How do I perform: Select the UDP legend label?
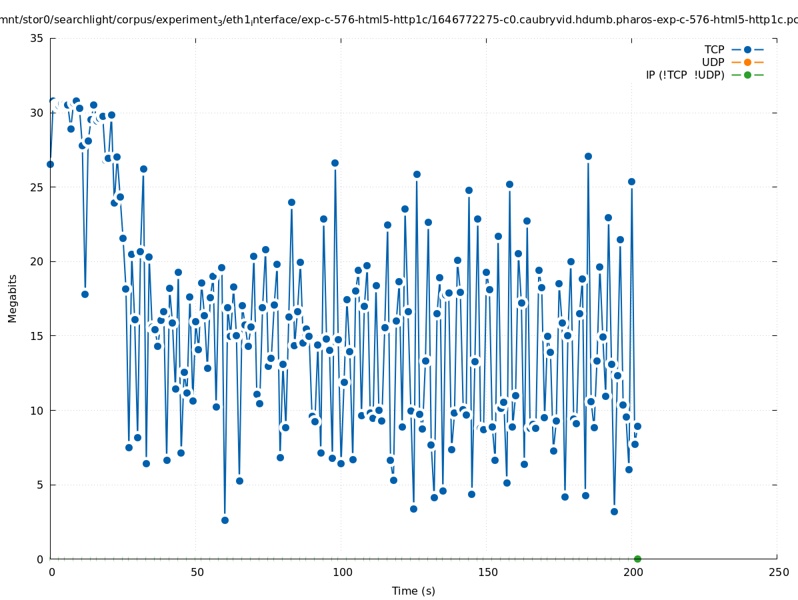point(713,63)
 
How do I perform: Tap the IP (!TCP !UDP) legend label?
point(685,75)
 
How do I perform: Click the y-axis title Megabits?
point(13,298)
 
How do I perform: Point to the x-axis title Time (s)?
point(413,591)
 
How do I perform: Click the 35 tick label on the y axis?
point(37,39)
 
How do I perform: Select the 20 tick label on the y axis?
point(37,261)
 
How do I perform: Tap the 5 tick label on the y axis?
point(40,485)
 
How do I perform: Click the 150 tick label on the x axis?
point(487,573)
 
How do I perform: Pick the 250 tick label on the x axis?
point(778,573)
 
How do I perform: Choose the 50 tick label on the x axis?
point(197,573)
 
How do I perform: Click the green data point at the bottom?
point(637,559)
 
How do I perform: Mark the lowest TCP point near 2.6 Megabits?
point(225,520)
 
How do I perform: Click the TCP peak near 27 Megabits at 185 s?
point(588,156)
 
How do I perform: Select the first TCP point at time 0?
point(50,164)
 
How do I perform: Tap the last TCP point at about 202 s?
point(637,426)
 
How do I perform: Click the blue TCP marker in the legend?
point(747,50)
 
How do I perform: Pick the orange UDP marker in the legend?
point(747,63)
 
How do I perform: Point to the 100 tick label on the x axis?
point(342,573)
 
